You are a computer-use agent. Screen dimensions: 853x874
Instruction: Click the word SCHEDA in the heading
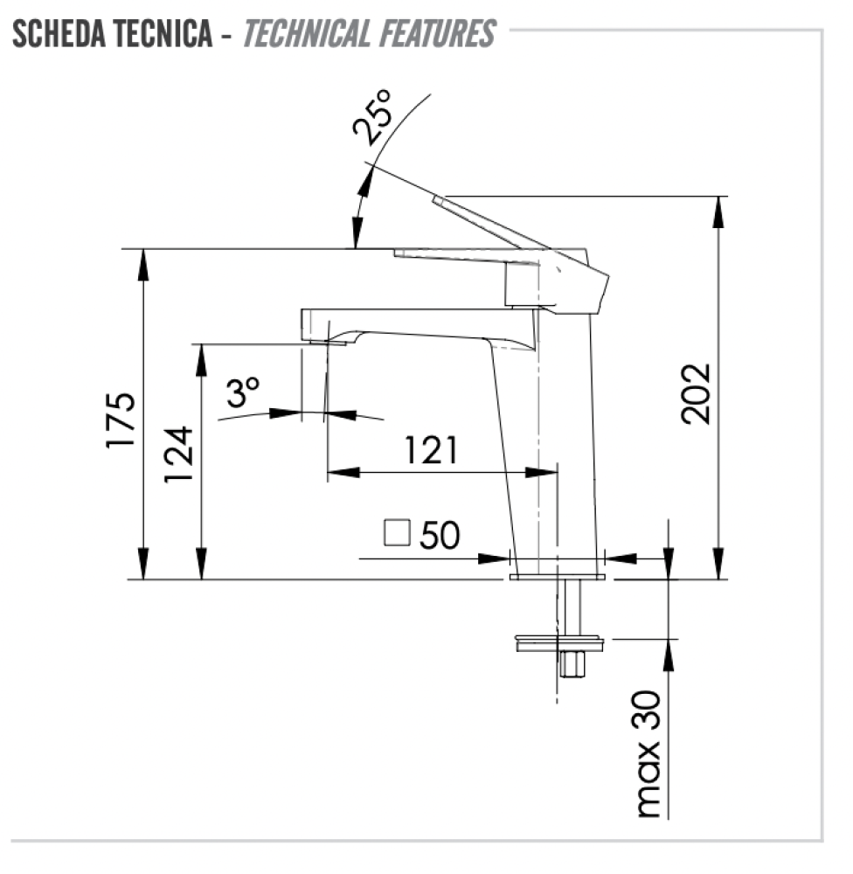[59, 33]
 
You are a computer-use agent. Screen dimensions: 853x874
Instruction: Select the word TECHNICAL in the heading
[307, 33]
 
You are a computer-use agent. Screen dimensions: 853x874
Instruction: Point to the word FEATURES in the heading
[438, 33]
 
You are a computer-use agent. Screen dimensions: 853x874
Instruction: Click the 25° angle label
[372, 117]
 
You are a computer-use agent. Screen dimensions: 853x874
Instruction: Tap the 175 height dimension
[121, 420]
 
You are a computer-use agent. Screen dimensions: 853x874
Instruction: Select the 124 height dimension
[178, 454]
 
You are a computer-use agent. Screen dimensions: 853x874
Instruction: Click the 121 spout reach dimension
[431, 450]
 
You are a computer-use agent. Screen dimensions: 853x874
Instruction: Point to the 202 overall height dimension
[697, 393]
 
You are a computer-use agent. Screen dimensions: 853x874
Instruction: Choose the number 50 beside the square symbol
[440, 535]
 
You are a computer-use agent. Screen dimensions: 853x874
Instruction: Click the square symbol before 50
[397, 532]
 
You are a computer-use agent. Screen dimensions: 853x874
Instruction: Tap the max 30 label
[648, 754]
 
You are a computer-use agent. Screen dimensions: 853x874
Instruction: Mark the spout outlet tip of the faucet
[324, 342]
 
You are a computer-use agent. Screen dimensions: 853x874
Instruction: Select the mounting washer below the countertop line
[559, 642]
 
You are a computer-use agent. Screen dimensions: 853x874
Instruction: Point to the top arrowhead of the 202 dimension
[719, 212]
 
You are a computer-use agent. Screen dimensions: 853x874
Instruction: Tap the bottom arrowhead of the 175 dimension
[143, 564]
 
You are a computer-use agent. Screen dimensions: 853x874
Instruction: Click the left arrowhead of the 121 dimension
[343, 473]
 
